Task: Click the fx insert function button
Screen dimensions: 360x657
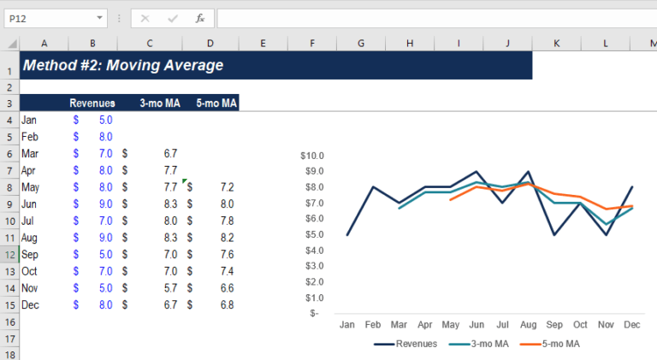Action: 199,18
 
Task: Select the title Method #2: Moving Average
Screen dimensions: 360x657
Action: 122,65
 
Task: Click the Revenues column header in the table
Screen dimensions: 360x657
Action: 92,103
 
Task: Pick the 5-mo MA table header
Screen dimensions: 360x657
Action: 215,103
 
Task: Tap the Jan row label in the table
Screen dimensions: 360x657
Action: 29,121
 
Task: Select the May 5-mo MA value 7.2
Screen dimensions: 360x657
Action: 227,187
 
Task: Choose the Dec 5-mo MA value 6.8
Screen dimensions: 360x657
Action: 227,304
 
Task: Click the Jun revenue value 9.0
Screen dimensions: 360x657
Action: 104,204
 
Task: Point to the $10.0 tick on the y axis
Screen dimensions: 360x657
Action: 311,156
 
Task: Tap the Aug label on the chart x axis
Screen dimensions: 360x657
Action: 529,325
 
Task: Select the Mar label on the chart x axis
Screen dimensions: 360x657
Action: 399,325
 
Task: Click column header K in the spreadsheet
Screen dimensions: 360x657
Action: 557,44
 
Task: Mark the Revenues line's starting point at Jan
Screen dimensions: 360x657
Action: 347,234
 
